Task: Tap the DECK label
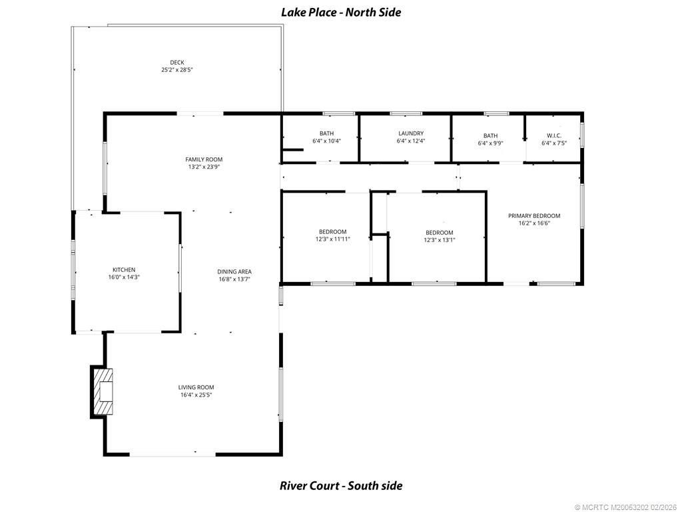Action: tap(177, 62)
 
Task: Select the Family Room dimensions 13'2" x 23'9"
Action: tap(204, 167)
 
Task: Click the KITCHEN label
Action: tap(124, 269)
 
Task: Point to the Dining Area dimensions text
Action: tap(234, 279)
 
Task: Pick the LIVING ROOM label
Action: tap(196, 387)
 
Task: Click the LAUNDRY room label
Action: tap(410, 133)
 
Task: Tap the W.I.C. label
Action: tap(554, 135)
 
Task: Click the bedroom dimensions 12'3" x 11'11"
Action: tap(332, 239)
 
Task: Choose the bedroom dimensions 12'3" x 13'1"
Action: tap(440, 240)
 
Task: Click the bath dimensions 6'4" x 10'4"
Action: tap(326, 141)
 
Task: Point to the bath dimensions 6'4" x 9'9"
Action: tap(491, 143)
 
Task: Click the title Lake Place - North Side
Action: tap(341, 12)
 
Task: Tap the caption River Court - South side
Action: tap(341, 485)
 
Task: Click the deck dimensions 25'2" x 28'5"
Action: tap(177, 70)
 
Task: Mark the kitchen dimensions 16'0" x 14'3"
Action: tap(124, 277)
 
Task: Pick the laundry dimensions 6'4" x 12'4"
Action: tap(410, 141)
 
